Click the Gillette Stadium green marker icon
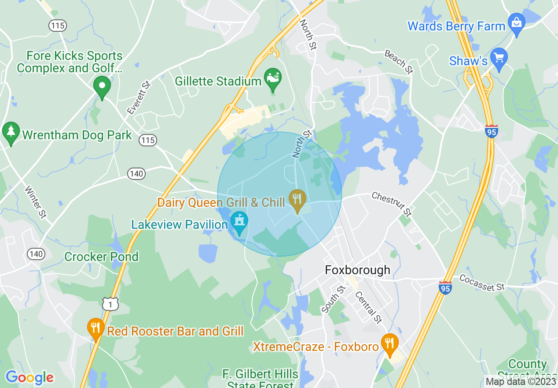[x=272, y=79]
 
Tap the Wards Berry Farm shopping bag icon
[x=516, y=24]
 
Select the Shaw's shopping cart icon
[x=499, y=59]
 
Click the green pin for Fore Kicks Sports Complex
[x=102, y=86]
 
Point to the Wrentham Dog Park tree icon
[x=11, y=133]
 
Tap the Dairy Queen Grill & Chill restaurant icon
[x=297, y=200]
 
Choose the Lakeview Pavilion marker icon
[x=239, y=222]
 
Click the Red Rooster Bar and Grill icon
[x=95, y=328]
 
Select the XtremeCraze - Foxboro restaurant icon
[x=389, y=344]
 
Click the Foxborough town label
[x=357, y=270]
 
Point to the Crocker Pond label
[x=101, y=257]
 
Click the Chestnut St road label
[x=392, y=204]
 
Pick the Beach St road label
[x=399, y=62]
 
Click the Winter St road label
[x=35, y=202]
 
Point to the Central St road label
[x=368, y=307]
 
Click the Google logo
[x=29, y=377]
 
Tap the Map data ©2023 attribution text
[x=520, y=381]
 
